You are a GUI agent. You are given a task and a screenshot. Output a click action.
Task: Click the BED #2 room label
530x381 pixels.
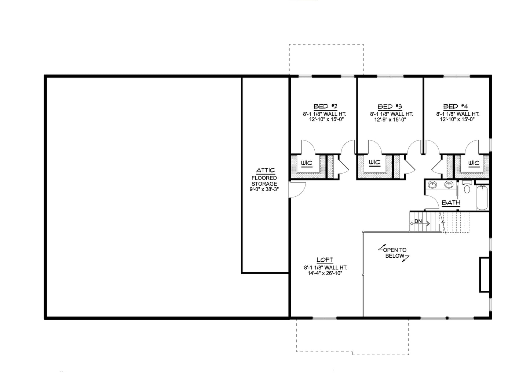325,106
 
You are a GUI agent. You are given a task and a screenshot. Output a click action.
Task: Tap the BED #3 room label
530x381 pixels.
390,106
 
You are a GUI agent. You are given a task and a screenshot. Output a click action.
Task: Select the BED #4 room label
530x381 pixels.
456,106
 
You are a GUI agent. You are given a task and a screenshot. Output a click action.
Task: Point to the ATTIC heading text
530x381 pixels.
266,170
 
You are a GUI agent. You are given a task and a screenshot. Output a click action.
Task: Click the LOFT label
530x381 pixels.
325,260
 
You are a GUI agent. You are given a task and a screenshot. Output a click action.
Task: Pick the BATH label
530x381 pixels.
451,203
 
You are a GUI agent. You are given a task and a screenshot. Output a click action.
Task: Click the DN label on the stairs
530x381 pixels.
418,221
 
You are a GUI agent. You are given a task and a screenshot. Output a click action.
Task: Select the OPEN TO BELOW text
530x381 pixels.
395,253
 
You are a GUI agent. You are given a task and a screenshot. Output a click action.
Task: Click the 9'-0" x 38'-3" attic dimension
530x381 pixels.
264,189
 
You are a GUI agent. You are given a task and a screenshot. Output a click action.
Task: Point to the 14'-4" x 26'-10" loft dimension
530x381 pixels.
325,273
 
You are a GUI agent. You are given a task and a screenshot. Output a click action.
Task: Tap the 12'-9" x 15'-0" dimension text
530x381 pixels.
390,120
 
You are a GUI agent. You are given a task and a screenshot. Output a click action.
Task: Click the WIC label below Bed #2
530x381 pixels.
307,163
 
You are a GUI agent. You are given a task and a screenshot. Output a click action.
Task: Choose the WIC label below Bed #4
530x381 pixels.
474,163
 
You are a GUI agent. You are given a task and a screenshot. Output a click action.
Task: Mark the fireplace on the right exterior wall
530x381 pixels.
485,275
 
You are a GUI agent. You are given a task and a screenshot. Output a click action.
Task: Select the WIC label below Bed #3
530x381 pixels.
374,163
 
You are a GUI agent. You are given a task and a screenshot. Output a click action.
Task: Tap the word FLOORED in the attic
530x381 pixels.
264,178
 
